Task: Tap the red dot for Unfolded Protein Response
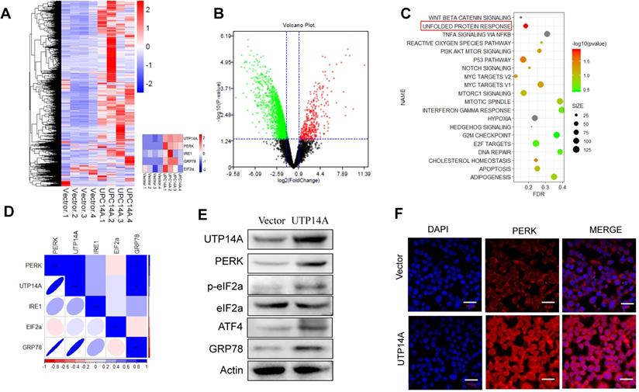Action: [526, 26]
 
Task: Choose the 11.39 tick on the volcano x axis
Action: [362, 175]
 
